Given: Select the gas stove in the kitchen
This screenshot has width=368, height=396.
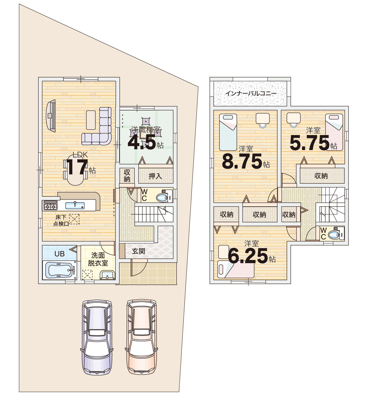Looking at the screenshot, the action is pyautogui.click(x=51, y=205).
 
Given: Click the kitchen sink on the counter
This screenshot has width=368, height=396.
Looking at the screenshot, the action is pyautogui.click(x=75, y=205).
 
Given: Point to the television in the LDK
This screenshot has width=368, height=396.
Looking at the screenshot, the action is pyautogui.click(x=51, y=116).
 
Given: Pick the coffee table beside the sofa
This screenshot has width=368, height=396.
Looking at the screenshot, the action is pyautogui.click(x=91, y=120).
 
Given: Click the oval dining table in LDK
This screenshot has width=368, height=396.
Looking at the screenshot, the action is pyautogui.click(x=75, y=170).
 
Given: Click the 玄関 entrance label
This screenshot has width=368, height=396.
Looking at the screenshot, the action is pyautogui.click(x=138, y=251).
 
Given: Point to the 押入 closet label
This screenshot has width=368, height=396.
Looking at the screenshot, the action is pyautogui.click(x=155, y=176).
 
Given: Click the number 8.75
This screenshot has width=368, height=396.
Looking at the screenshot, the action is pyautogui.click(x=242, y=161).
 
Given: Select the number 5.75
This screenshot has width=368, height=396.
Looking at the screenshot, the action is pyautogui.click(x=310, y=143).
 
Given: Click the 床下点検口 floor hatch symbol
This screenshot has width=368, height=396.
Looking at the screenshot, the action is pyautogui.click(x=74, y=219).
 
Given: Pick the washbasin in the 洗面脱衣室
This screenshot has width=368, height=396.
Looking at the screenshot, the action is pyautogui.click(x=107, y=275).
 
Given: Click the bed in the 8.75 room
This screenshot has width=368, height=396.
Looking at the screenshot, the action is pyautogui.click(x=228, y=132).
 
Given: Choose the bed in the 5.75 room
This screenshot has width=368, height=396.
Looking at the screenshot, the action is pyautogui.click(x=334, y=132).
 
